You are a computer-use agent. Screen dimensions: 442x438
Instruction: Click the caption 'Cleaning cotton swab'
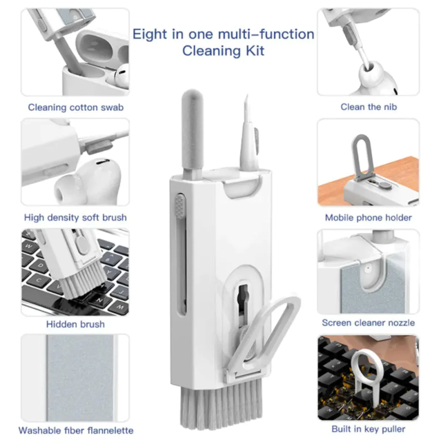click(76, 108)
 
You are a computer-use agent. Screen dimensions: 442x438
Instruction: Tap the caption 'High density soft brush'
click(75, 217)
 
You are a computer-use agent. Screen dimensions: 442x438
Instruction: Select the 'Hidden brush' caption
click(75, 324)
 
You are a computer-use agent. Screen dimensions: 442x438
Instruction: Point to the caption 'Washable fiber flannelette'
click(76, 430)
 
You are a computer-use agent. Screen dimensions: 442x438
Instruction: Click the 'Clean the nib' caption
click(369, 107)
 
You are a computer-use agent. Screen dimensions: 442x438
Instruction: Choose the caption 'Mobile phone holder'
click(368, 218)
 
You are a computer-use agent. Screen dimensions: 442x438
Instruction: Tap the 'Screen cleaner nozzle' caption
click(368, 323)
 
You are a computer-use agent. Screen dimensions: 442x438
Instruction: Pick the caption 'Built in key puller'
click(368, 429)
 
